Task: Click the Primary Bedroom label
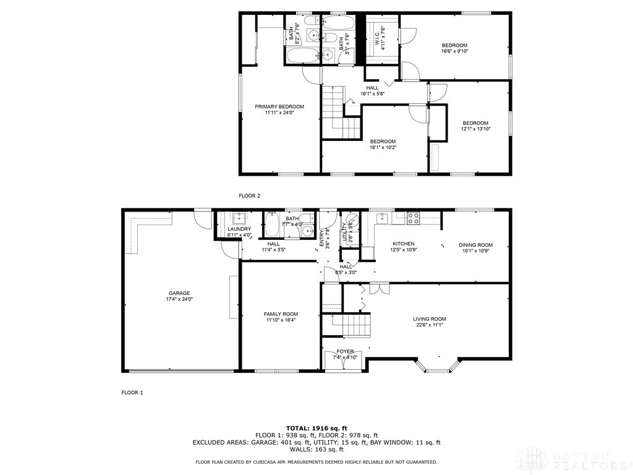tap(279, 106)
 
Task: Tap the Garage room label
tap(179, 293)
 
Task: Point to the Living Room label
tap(430, 319)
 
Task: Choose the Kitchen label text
tap(402, 244)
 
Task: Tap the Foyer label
tap(346, 351)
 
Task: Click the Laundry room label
tap(239, 229)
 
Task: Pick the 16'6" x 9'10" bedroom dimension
tap(454, 51)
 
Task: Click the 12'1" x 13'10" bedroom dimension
tap(475, 129)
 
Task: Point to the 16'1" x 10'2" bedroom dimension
tap(383, 147)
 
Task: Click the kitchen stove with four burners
tap(413, 218)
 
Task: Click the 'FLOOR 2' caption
tap(250, 195)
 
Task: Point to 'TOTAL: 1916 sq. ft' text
tap(316, 428)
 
